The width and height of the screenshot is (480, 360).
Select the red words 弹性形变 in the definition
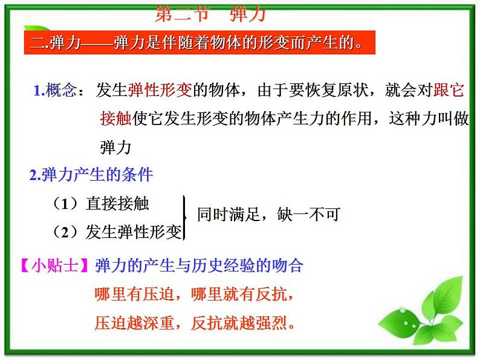[x=160, y=91]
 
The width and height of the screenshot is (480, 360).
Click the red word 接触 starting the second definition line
[x=115, y=118]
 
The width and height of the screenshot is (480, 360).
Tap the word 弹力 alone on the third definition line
[x=115, y=147]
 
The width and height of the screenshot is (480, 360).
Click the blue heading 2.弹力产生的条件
[x=91, y=176]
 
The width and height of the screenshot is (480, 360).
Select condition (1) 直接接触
[x=101, y=204]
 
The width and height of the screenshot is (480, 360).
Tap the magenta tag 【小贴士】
[x=54, y=266]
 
